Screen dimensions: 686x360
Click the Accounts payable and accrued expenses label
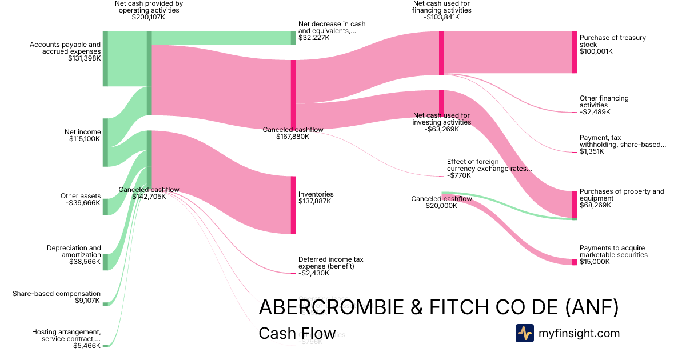coord(65,51)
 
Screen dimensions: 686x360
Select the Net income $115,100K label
coord(82,135)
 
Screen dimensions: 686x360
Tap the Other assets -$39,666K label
coord(80,199)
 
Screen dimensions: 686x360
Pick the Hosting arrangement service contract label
coord(66,338)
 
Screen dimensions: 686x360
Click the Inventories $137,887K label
coord(316,198)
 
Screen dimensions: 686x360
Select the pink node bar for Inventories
coord(293,205)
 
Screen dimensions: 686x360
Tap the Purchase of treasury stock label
coord(612,45)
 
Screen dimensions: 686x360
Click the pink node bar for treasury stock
coord(574,52)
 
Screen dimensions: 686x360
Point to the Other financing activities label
coord(604,105)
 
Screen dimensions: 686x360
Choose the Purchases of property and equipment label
coord(621,198)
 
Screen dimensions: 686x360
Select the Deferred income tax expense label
coord(330,266)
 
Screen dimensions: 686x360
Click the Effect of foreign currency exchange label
coord(489,169)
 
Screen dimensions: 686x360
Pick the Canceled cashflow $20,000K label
coord(441,202)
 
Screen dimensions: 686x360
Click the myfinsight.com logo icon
coord(524,333)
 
